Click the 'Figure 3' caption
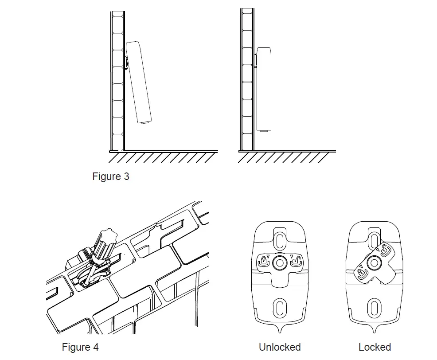pyautogui.click(x=110, y=176)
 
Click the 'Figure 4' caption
pyautogui.click(x=80, y=347)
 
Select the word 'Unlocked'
pyautogui.click(x=280, y=347)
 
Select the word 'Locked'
pyautogui.click(x=375, y=347)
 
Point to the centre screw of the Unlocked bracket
pyautogui.click(x=279, y=262)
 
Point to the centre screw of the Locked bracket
pyautogui.click(x=375, y=262)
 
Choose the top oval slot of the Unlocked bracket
pyautogui.click(x=279, y=240)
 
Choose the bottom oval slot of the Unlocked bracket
pyautogui.click(x=279, y=307)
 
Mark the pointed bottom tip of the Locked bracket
pyautogui.click(x=375, y=332)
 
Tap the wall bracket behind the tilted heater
pyautogui.click(x=127, y=63)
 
